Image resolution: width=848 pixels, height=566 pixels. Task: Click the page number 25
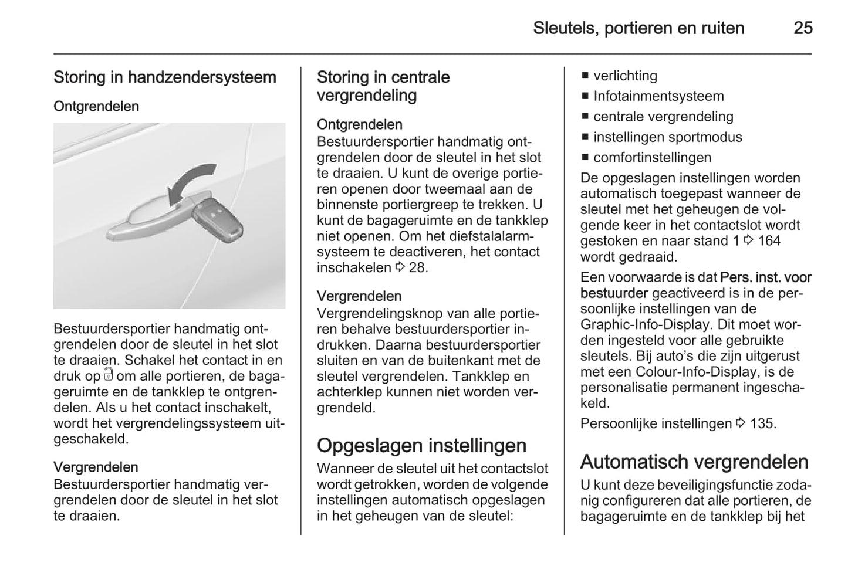[803, 28]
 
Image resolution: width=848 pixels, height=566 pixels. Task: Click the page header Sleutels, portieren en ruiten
[638, 28]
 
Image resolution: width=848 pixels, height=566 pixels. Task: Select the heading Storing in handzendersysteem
[165, 77]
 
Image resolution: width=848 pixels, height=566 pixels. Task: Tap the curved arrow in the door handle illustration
[189, 182]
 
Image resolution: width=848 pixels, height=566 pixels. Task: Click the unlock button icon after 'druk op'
[108, 375]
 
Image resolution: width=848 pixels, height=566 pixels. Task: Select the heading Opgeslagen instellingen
[421, 446]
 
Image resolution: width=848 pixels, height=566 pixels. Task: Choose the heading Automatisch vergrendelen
[694, 462]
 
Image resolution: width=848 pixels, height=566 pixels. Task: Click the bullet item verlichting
[625, 76]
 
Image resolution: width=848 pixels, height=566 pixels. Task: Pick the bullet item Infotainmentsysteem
[658, 96]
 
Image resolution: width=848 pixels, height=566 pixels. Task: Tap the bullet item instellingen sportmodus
[667, 137]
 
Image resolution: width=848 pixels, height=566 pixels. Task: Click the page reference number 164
[769, 240]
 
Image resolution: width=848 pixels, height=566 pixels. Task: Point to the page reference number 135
[762, 423]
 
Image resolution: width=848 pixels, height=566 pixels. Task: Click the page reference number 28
[418, 267]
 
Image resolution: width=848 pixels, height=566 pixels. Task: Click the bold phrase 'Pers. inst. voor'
[765, 277]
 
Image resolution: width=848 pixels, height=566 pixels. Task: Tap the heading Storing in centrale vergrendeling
[383, 86]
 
